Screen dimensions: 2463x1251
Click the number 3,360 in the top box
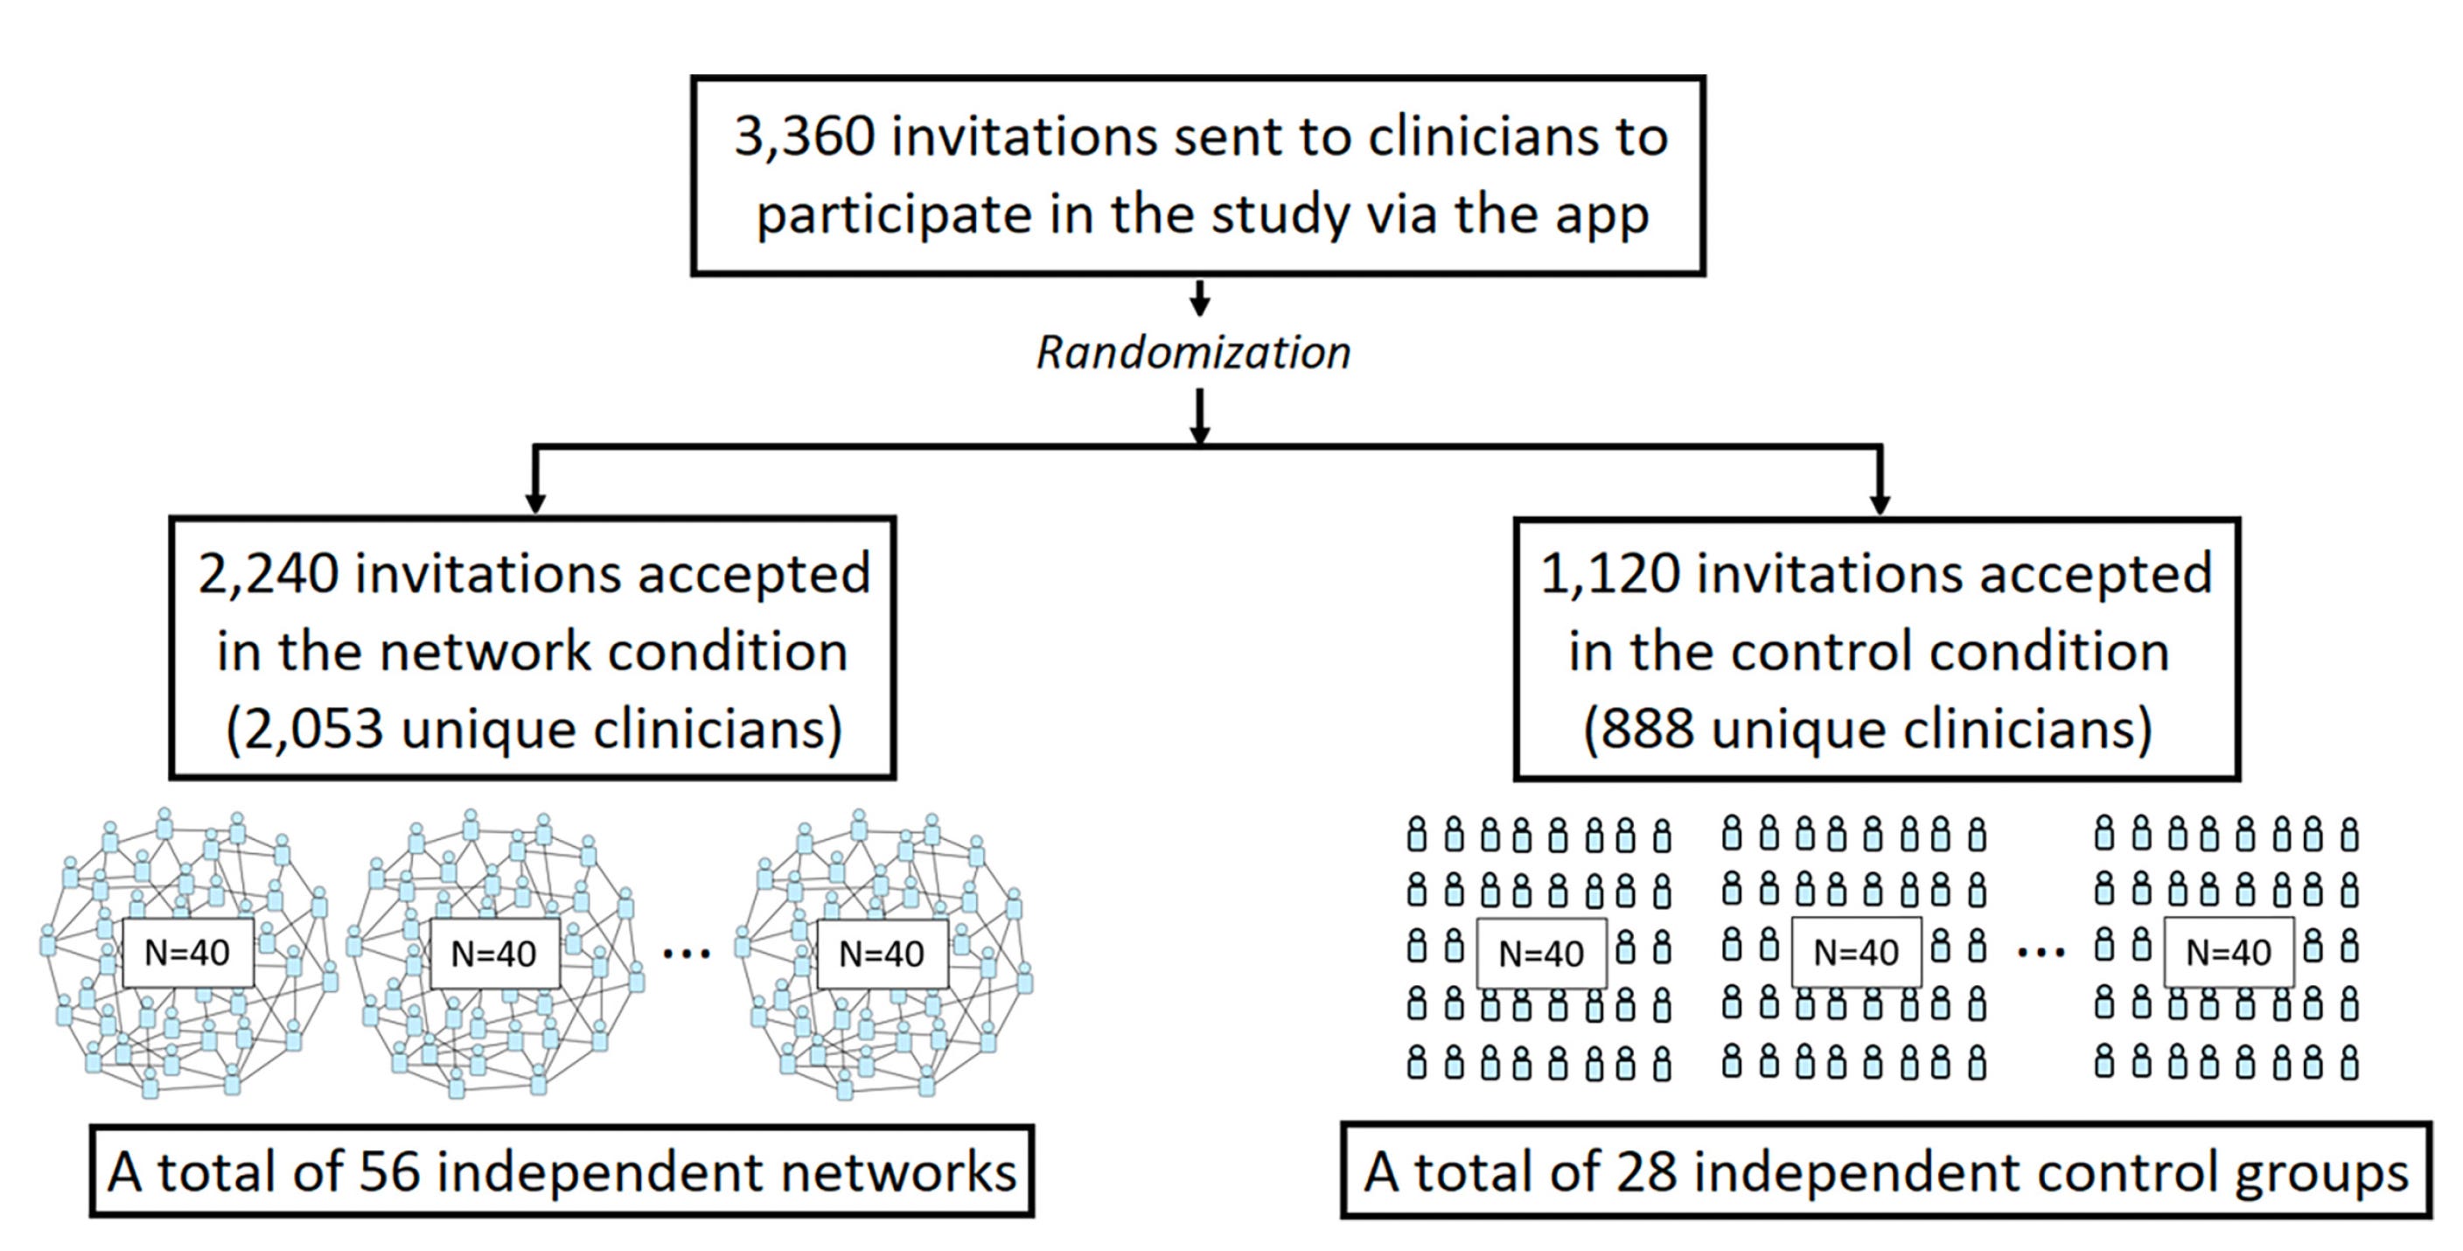pos(804,137)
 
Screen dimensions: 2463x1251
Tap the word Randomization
pos(1194,353)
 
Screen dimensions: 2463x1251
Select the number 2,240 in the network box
pos(268,575)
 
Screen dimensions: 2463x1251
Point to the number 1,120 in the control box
pos(1609,575)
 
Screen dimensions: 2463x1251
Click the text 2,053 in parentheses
pos(311,730)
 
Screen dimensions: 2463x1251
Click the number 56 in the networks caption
pos(389,1172)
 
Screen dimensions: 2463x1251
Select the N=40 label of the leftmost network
pos(187,953)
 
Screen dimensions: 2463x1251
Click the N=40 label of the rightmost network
pos(882,954)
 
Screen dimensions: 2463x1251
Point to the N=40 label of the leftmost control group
pos(1541,954)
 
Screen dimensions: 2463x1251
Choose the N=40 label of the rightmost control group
pos(2229,953)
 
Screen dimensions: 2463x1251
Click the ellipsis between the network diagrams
pos(687,954)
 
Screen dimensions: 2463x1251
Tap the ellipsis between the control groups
pos(2041,953)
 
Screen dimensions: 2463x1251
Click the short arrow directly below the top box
pos(1200,297)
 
